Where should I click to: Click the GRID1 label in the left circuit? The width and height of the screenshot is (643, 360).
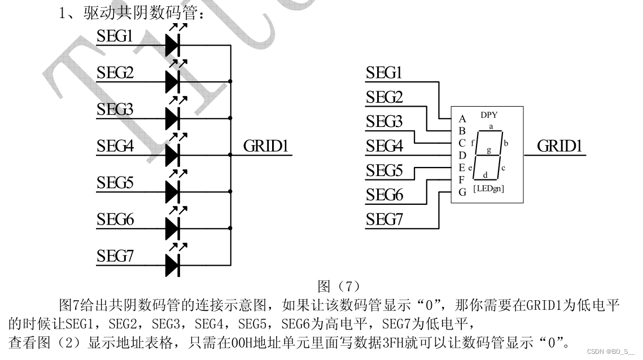[266, 146]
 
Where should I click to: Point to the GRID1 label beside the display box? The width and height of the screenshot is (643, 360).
[559, 146]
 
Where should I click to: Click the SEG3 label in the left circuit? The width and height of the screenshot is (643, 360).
[115, 109]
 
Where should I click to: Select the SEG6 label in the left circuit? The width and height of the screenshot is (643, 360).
[115, 219]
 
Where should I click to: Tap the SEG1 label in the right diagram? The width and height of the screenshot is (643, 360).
[384, 73]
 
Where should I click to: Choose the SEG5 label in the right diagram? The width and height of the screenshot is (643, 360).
[384, 170]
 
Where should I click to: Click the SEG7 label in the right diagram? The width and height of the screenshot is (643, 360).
[384, 219]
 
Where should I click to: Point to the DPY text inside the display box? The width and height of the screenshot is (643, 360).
[489, 115]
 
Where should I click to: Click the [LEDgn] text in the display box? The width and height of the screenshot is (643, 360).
[488, 188]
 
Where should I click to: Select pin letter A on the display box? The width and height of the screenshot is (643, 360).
[462, 119]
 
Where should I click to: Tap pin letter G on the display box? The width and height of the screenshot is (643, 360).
[462, 192]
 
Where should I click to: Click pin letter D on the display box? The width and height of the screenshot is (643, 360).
[462, 155]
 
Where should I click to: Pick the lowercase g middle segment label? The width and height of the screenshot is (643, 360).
[489, 150]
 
